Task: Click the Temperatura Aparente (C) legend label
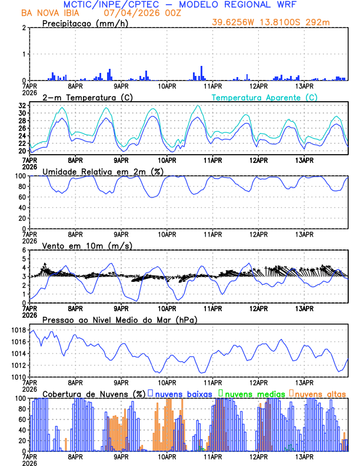pyautogui.click(x=264, y=97)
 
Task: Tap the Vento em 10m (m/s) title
pyautogui.click(x=87, y=245)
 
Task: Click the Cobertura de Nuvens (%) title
pyautogui.click(x=94, y=393)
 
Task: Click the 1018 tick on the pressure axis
pyautogui.click(x=18, y=331)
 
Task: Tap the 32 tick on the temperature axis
pyautogui.click(x=22, y=105)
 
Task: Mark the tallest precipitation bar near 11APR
pyautogui.click(x=201, y=73)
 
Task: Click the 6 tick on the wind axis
pyautogui.click(x=24, y=250)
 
